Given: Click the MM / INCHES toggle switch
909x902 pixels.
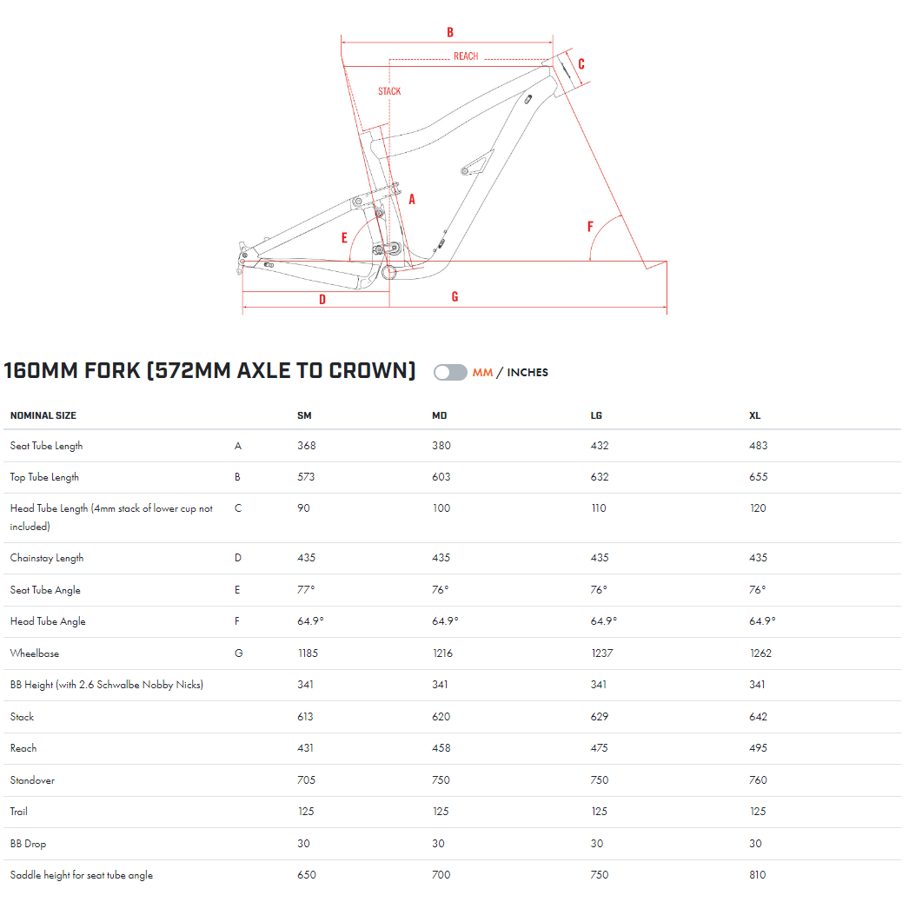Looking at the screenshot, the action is tap(450, 372).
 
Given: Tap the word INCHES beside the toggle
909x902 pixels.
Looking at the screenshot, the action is tap(527, 372).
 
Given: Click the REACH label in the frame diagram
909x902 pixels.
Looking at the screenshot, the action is tap(466, 56).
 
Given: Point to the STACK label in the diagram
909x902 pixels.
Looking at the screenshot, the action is tap(389, 91).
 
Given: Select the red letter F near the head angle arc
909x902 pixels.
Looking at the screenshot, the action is tap(590, 226).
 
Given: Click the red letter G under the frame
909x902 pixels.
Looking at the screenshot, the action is tap(455, 297).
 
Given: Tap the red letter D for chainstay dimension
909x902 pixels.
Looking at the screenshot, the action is tap(322, 299).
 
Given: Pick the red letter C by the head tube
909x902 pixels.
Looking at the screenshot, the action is tap(581, 63).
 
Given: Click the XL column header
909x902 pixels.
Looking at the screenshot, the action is tap(755, 415).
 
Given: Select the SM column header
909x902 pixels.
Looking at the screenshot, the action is tap(304, 415).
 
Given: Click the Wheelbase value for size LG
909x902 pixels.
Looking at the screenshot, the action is tap(601, 653).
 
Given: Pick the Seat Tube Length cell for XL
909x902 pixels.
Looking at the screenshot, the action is tap(759, 445).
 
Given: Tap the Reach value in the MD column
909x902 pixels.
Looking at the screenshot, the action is tap(441, 748).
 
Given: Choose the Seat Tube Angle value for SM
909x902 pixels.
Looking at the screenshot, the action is tap(306, 589).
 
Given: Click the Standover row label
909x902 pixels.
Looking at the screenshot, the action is tap(32, 780).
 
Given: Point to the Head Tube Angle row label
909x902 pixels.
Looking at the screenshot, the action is tap(48, 621).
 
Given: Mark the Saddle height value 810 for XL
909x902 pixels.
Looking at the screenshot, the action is tap(758, 875).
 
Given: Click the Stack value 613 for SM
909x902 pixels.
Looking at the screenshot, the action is tap(306, 717).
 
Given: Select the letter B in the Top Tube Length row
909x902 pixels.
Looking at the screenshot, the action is tap(237, 477).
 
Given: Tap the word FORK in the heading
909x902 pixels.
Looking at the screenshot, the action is tap(112, 370).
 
